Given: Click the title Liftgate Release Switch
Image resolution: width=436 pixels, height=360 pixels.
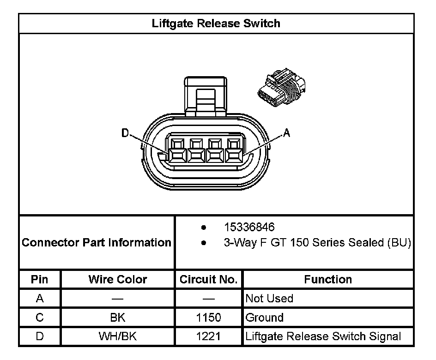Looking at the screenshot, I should tap(216, 23).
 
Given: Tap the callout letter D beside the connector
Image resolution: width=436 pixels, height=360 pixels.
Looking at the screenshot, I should tap(125, 133).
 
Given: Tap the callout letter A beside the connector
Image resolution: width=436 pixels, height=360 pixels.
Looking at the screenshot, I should tap(286, 133).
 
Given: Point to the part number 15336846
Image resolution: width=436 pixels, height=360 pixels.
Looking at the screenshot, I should tap(249, 228).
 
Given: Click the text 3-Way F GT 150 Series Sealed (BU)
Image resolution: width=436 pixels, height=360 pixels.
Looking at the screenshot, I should tap(317, 243).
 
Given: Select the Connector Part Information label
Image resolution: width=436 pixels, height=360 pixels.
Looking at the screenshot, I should tap(97, 242).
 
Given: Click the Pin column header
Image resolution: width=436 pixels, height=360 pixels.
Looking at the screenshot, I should tap(39, 279).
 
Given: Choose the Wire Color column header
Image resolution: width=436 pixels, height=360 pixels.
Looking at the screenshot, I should tap(117, 279).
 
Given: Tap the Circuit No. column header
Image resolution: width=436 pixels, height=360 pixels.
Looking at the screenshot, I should tap(208, 279).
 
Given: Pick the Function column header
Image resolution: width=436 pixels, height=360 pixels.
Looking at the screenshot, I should tap(328, 279).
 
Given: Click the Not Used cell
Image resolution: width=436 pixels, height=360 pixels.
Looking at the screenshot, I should tap(269, 299).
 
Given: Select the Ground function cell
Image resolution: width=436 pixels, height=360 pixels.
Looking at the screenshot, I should tap(265, 318).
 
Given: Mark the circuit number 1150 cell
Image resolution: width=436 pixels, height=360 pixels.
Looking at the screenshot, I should tap(208, 318).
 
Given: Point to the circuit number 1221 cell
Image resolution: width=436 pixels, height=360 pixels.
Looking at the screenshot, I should tap(208, 336).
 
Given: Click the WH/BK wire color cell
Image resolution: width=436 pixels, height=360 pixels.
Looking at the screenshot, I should tap(117, 336).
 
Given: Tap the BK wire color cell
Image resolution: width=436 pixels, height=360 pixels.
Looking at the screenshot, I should tap(117, 318).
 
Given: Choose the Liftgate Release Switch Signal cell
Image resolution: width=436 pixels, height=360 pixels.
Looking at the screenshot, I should tap(323, 336).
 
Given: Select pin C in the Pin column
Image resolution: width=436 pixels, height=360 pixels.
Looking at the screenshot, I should tap(39, 318).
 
